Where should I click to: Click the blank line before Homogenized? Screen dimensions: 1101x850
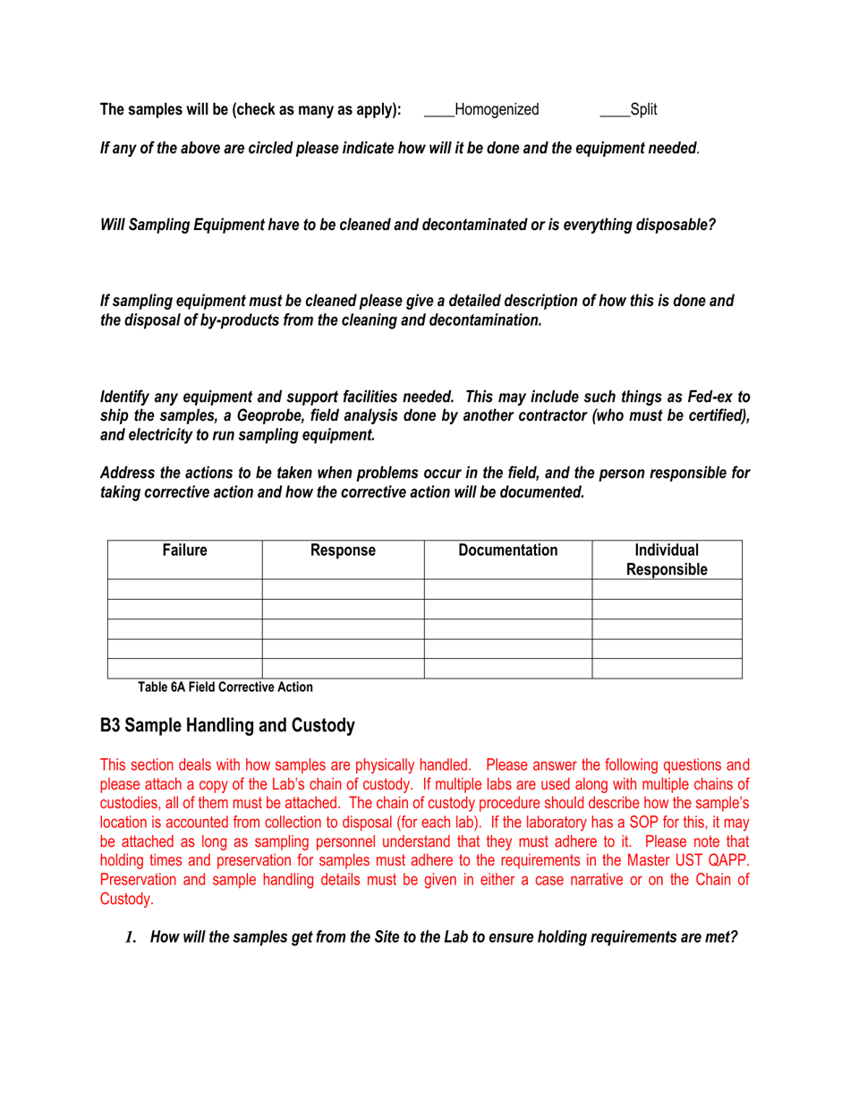(x=438, y=111)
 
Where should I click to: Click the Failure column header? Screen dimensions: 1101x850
(x=184, y=551)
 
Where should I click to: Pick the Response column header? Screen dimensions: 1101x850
(x=342, y=551)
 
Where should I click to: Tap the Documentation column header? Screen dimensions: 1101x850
(x=507, y=551)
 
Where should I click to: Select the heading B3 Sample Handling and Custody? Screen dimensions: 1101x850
(x=227, y=727)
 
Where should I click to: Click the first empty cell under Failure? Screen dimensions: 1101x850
(x=184, y=589)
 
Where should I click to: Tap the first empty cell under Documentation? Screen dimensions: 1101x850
(x=507, y=589)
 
